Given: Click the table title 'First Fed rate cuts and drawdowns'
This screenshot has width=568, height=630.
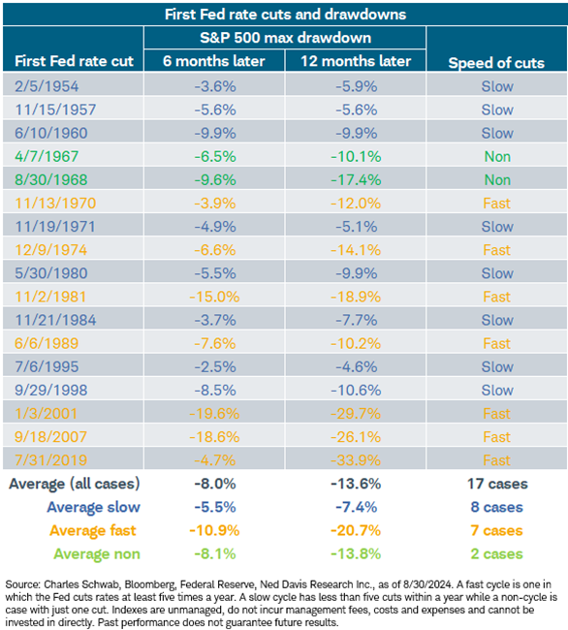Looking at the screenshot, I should (x=284, y=15).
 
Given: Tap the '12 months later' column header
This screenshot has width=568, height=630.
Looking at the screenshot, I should (x=355, y=61).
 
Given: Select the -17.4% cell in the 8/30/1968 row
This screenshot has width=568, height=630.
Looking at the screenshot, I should (x=355, y=176).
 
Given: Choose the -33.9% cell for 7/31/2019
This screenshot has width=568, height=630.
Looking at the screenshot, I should (x=355, y=459).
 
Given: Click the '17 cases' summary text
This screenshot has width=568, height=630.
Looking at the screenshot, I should (x=496, y=484).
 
